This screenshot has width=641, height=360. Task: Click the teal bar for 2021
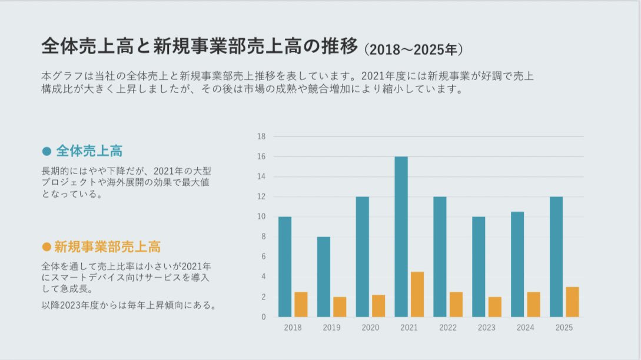click(401, 236)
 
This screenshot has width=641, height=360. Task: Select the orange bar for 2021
click(417, 294)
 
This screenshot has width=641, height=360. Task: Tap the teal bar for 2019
click(323, 276)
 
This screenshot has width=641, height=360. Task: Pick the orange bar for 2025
click(572, 302)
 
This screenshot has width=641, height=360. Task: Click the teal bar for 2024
click(517, 264)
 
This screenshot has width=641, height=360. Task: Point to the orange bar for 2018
click(301, 304)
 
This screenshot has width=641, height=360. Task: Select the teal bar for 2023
click(479, 266)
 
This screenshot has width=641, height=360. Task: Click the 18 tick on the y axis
click(262, 136)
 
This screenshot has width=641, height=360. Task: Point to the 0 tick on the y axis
click(264, 317)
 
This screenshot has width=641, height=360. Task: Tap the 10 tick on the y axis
click(262, 217)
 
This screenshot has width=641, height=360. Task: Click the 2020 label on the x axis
click(370, 328)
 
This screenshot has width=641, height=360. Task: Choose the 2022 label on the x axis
click(448, 328)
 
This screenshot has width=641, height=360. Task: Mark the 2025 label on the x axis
click(564, 328)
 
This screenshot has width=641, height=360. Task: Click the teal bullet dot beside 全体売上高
click(47, 151)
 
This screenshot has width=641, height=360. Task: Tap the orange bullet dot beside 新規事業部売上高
click(47, 246)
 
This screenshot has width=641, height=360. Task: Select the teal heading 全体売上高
click(89, 151)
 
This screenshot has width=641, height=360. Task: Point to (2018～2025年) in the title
click(414, 49)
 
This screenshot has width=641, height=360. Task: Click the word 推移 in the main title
click(336, 46)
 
